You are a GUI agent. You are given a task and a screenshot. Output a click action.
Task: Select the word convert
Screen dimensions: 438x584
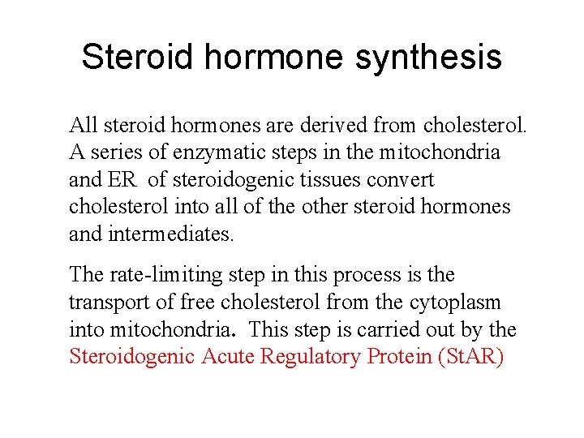pos(405,179)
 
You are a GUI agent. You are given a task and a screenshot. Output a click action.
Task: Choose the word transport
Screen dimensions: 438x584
pos(106,303)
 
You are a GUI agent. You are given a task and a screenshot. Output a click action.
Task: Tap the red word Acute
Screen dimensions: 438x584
pos(226,357)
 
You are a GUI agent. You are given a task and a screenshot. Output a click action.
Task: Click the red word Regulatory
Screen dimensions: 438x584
pos(311,357)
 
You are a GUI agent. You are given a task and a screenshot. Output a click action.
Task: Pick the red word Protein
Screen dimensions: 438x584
pos(398,357)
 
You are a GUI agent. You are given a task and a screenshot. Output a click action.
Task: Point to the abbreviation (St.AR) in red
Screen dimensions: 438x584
pos(471,357)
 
